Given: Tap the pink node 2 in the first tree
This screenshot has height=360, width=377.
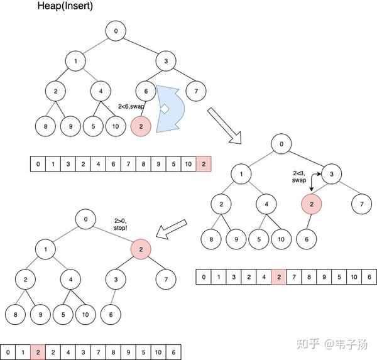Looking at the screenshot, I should [x=141, y=126].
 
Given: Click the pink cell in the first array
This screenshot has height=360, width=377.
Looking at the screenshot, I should [x=204, y=165].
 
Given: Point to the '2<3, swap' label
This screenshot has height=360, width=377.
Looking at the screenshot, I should [x=298, y=176].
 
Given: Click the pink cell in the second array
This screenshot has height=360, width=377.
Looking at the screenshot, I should [x=279, y=276].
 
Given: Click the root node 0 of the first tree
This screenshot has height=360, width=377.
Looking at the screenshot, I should [x=115, y=30].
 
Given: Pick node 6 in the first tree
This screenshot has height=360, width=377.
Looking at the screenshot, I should [x=146, y=91].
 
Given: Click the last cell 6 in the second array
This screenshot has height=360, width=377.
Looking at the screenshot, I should [x=369, y=276].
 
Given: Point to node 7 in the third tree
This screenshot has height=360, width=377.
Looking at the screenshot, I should [x=166, y=279].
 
